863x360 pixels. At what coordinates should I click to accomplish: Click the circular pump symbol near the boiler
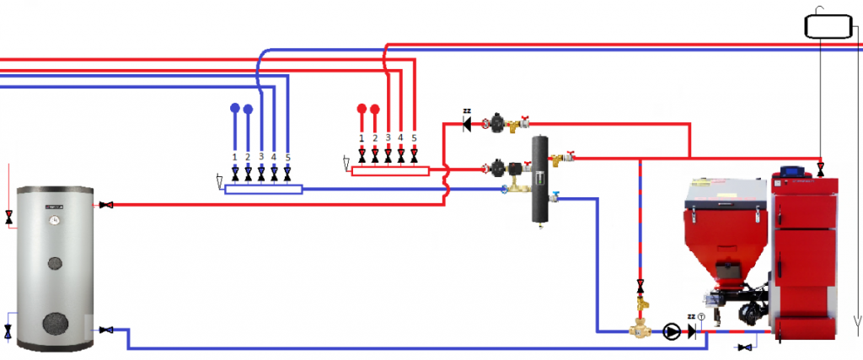pyautogui.click(x=672, y=331)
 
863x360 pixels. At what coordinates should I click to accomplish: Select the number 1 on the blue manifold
pyautogui.click(x=234, y=157)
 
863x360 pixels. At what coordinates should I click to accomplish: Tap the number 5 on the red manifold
pyautogui.click(x=414, y=137)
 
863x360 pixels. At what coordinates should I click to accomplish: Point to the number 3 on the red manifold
pyautogui.click(x=388, y=137)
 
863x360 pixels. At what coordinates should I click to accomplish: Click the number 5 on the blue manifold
pyautogui.click(x=287, y=157)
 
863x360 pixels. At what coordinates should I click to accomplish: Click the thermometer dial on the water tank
pyautogui.click(x=54, y=221)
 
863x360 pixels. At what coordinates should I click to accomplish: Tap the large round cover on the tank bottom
pyautogui.click(x=56, y=324)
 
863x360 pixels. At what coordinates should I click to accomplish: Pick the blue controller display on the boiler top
pyautogui.click(x=793, y=172)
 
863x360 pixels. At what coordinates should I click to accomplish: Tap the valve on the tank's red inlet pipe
pyautogui.click(x=107, y=205)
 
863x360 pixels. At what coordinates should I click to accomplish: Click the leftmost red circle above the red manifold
pyautogui.click(x=362, y=108)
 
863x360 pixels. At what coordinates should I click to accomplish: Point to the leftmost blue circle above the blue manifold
pyautogui.click(x=234, y=108)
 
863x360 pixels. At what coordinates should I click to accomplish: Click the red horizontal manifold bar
pyautogui.click(x=389, y=171)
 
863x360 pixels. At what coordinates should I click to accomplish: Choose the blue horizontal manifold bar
pyautogui.click(x=263, y=189)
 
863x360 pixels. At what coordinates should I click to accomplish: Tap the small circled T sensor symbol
pyautogui.click(x=701, y=316)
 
